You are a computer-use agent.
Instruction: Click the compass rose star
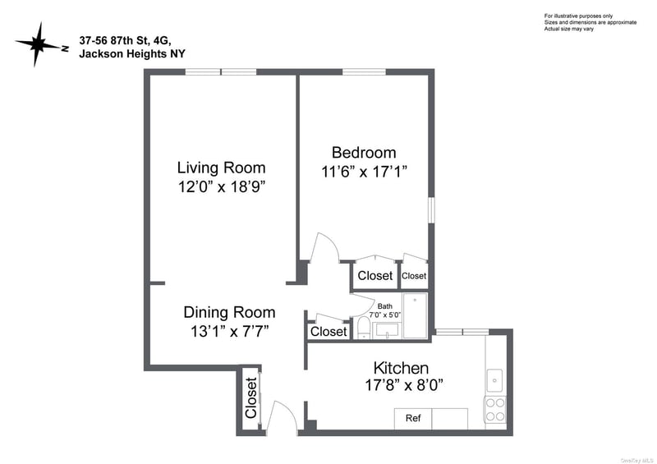[37, 44]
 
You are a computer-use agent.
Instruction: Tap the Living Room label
[221, 168]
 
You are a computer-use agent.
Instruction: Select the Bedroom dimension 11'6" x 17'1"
[364, 172]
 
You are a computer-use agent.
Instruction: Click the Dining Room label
[229, 312]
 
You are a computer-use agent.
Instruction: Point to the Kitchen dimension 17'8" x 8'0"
[404, 385]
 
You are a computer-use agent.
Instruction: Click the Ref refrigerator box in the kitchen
[413, 418]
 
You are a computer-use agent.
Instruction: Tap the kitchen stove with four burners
[495, 410]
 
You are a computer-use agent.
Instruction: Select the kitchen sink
[494, 380]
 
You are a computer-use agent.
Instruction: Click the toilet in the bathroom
[363, 328]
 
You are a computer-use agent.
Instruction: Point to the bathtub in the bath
[415, 315]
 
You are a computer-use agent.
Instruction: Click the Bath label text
[384, 306]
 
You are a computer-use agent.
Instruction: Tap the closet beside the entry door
[250, 397]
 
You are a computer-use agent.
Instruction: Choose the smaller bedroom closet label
[414, 276]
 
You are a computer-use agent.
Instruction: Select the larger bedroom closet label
[375, 275]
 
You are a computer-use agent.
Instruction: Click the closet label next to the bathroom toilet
[328, 332]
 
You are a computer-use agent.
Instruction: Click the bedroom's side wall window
[431, 210]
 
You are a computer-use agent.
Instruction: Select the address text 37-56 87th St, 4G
[126, 41]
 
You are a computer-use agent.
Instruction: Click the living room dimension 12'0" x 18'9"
[222, 186]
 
